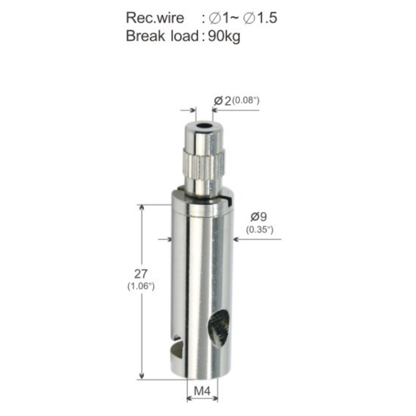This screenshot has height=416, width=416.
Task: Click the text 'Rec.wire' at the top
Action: (155, 18)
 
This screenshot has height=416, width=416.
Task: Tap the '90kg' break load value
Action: (224, 36)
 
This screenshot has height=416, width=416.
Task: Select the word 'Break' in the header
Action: (145, 36)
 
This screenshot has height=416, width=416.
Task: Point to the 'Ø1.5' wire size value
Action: (260, 18)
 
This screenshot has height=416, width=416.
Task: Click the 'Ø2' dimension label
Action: (223, 101)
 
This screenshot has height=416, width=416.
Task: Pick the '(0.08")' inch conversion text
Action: (246, 100)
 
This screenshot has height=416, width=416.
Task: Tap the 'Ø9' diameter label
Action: (258, 217)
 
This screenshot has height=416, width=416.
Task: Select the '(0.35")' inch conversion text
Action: (260, 229)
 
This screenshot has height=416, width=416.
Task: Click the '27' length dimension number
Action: (141, 274)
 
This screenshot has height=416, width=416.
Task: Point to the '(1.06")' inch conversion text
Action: (141, 286)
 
